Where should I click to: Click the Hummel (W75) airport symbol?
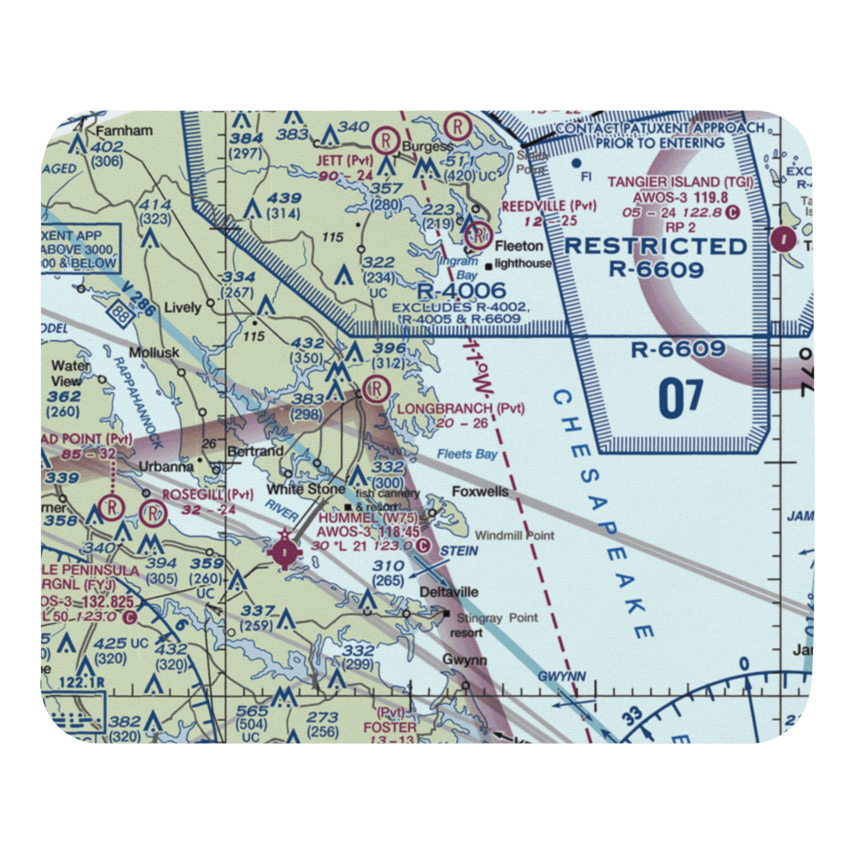tap(284, 553)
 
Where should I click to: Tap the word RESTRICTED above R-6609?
tap(656, 246)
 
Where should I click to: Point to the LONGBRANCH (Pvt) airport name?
tap(461, 408)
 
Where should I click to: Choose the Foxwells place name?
tap(480, 492)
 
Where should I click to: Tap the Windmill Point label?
tap(514, 535)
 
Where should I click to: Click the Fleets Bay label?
tap(466, 454)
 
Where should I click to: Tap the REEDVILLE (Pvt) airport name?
tap(548, 206)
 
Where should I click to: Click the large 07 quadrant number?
tap(681, 399)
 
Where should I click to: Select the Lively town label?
tap(181, 307)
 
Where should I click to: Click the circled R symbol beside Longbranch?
tap(373, 390)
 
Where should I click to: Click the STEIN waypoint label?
tap(459, 552)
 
